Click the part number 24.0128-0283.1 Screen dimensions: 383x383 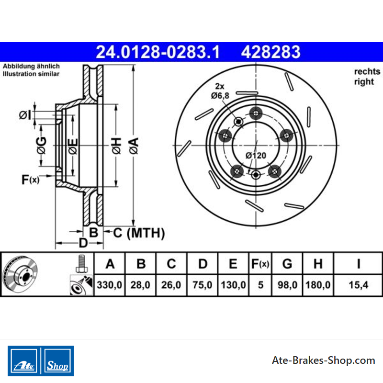click(x=158, y=52)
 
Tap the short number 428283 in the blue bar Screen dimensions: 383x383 click(x=270, y=52)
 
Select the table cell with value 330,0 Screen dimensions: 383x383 click(x=110, y=285)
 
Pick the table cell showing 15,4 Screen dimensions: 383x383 click(x=358, y=285)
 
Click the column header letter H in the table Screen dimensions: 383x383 click(x=318, y=264)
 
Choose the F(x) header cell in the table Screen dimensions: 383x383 click(x=260, y=264)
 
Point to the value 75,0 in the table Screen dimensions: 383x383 click(x=202, y=285)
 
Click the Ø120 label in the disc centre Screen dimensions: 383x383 click(x=256, y=155)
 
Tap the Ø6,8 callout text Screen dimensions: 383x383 click(x=220, y=95)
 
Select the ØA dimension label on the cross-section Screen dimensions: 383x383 click(x=134, y=146)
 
